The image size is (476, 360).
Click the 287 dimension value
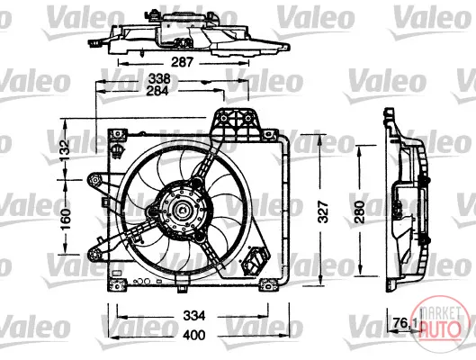[x=182, y=62]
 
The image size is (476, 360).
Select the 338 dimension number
[x=159, y=79]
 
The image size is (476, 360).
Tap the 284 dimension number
[x=157, y=91]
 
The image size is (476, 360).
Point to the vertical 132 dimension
[x=66, y=150]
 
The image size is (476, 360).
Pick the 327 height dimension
[x=324, y=211]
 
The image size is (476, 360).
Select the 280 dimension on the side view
[x=360, y=211]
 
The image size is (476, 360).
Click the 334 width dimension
[x=194, y=316]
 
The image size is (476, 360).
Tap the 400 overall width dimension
[x=194, y=335]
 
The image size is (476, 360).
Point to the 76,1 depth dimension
[x=405, y=323]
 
